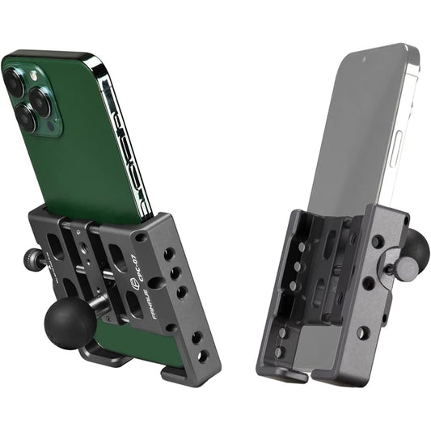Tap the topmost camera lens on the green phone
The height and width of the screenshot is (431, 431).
(16, 82)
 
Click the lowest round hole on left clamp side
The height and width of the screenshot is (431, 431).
(203, 355)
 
